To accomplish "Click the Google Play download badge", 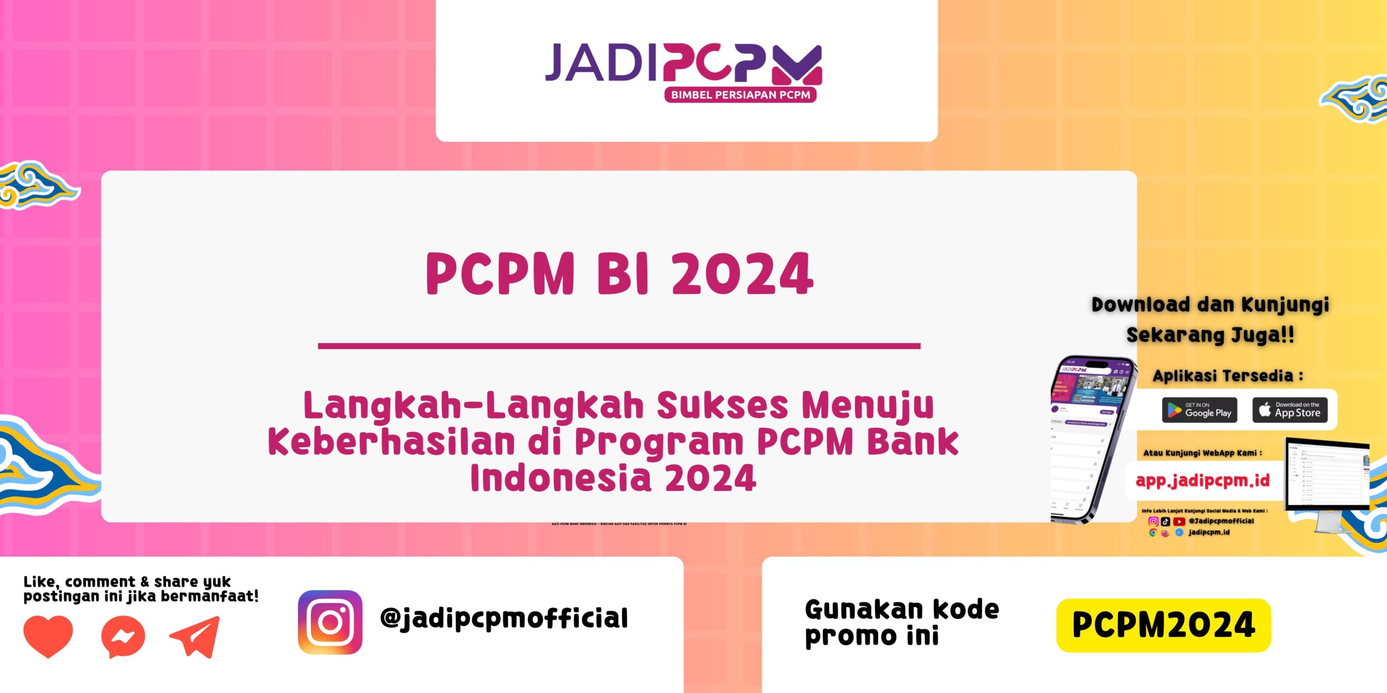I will click(1200, 410).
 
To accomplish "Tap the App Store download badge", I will click(1289, 410).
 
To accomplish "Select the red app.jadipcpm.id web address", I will click(1202, 480).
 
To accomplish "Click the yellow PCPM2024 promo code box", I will click(1163, 625).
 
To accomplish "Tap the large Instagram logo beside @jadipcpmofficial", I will click(330, 622).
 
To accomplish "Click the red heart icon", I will click(48, 635).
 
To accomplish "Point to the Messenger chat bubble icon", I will click(123, 637).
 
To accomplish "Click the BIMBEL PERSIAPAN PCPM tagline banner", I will click(740, 95).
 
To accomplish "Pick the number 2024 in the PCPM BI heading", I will click(742, 274).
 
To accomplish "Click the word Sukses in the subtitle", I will click(722, 406).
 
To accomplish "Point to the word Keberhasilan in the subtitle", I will click(391, 442).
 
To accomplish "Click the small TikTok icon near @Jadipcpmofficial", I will click(1165, 521).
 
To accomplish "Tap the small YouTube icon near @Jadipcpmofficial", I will click(1179, 521).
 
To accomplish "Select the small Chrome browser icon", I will click(1153, 533).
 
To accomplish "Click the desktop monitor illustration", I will click(1327, 482).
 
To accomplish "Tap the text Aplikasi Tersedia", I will click(1227, 376).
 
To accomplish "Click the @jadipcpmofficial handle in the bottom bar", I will click(504, 619).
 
